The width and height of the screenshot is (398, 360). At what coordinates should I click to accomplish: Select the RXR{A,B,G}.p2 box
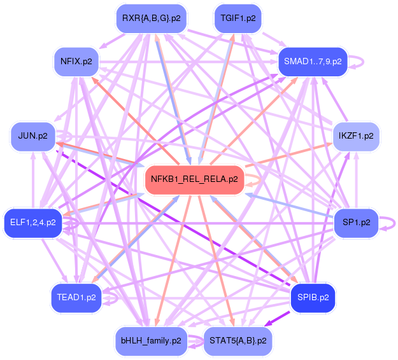[150, 18]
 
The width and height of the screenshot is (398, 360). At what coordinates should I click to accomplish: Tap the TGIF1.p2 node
[239, 18]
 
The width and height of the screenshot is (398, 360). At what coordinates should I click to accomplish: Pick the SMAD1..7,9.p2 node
[313, 62]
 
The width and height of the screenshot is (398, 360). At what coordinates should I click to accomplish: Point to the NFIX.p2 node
[76, 62]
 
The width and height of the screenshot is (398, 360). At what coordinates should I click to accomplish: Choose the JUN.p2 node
[33, 136]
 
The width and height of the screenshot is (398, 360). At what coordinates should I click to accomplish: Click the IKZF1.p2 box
[357, 136]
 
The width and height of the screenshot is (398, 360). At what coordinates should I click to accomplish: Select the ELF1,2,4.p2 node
[33, 223]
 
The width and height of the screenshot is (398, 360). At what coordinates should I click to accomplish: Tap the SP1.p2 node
[357, 223]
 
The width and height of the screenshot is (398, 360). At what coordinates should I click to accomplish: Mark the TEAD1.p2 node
[76, 297]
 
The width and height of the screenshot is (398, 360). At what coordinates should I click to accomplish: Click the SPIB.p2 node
[313, 297]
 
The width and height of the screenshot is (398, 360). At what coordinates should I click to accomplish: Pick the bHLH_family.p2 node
[150, 341]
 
